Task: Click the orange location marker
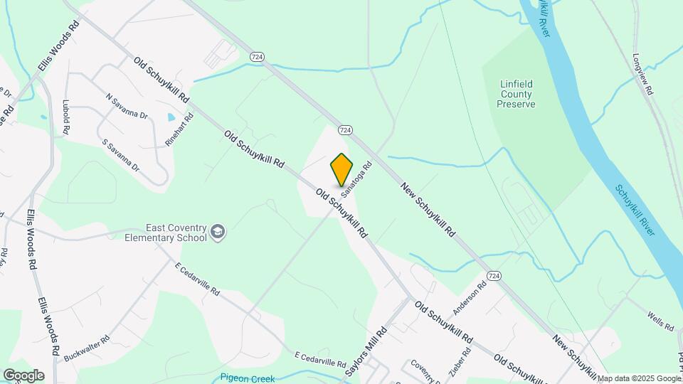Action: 342,169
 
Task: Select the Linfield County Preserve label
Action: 516,94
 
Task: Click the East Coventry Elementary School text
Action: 166,233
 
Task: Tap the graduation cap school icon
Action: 218,231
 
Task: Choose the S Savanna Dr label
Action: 121,154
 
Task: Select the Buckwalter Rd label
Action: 88,346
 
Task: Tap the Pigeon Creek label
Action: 248,378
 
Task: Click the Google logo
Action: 23,375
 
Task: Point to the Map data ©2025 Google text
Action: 639,378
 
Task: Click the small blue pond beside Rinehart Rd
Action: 171,117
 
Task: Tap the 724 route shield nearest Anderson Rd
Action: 494,275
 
